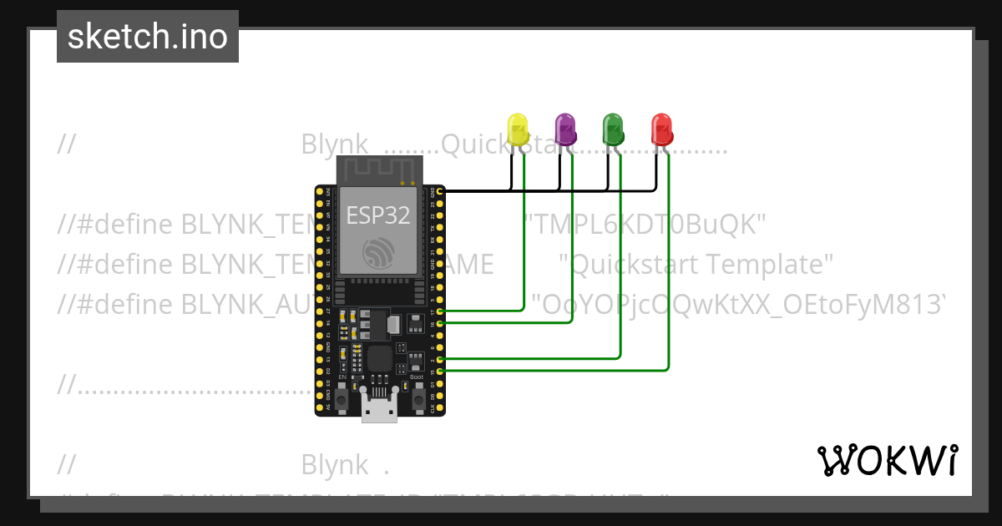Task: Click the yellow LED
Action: [x=518, y=131]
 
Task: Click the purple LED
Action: [x=566, y=131]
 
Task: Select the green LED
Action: [x=614, y=131]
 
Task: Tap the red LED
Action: [x=662, y=131]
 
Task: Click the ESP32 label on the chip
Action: [x=378, y=215]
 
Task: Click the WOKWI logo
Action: [x=887, y=460]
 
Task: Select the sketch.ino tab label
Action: [x=148, y=37]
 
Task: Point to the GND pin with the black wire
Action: [x=439, y=191]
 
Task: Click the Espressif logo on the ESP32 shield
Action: [x=379, y=254]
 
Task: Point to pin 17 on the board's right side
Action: [x=439, y=311]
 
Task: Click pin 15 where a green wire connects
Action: [x=439, y=369]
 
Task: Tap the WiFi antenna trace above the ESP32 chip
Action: [x=379, y=171]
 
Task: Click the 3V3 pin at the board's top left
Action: [x=320, y=191]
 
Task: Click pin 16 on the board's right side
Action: [x=439, y=322]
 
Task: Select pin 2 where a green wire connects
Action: [x=439, y=358]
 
